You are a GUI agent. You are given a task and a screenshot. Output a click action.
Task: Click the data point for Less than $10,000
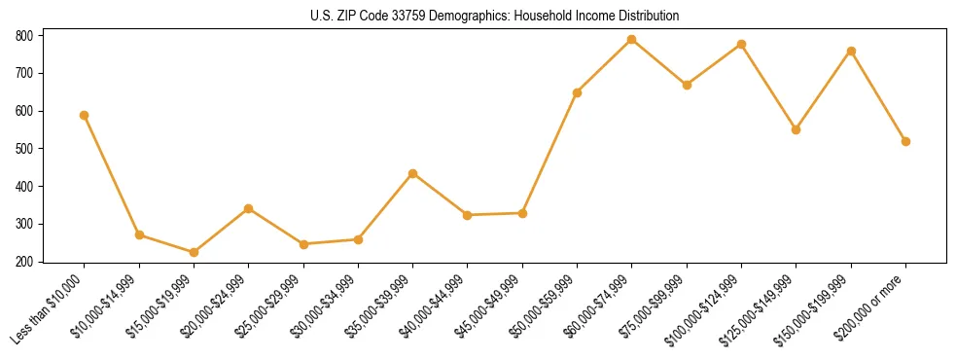(x=85, y=115)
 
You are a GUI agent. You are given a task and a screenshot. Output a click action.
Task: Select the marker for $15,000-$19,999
(x=194, y=252)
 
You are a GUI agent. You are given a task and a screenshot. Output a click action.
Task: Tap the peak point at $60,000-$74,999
(x=632, y=40)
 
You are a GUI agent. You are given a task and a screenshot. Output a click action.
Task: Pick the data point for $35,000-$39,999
(x=413, y=173)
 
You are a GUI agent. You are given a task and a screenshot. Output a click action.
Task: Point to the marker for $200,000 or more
(x=905, y=141)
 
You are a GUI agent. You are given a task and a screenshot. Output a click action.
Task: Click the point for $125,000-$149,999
(x=797, y=129)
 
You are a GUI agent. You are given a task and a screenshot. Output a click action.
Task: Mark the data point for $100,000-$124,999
(x=741, y=44)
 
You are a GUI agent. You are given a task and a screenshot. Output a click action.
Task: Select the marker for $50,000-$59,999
(x=578, y=92)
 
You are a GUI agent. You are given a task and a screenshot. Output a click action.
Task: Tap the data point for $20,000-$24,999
(x=249, y=208)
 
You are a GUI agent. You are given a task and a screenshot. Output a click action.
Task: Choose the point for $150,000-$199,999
(x=851, y=51)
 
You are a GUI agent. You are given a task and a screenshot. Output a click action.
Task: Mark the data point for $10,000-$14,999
(x=139, y=234)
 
